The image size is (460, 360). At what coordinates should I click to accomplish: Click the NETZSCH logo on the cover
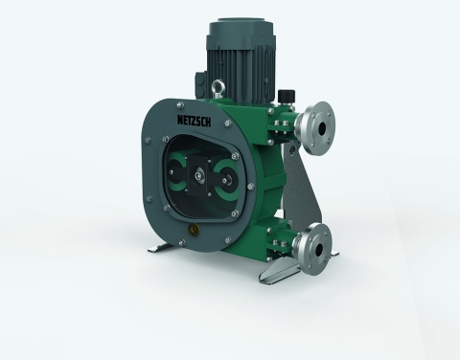194,121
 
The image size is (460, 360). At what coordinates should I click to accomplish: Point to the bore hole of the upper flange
321,128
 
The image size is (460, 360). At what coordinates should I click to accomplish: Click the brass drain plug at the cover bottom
193,228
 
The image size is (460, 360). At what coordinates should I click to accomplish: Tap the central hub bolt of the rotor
198,175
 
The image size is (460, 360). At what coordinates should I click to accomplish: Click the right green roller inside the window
226,179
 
